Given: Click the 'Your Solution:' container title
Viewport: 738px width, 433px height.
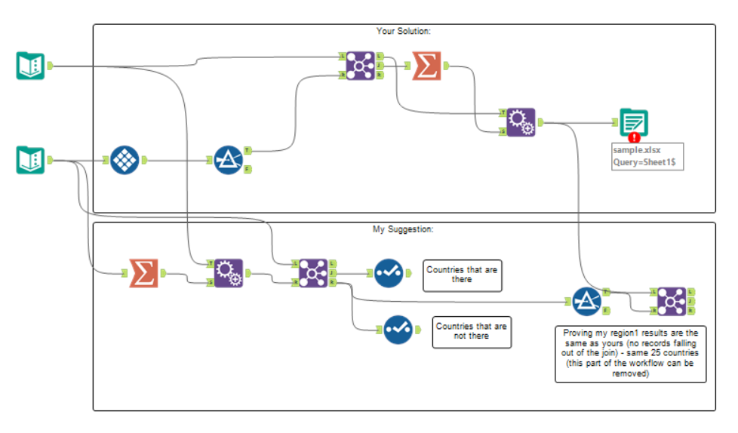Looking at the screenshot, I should tap(403, 31).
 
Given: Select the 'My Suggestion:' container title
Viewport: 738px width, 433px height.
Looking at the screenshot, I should tap(403, 229).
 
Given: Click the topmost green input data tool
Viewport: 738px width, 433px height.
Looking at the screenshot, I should tap(30, 66).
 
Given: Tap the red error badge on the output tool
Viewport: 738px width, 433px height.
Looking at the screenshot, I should tap(634, 137).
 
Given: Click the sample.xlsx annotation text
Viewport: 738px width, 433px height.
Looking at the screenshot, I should tap(647, 156).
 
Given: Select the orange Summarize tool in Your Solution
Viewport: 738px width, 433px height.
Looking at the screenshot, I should tap(427, 66).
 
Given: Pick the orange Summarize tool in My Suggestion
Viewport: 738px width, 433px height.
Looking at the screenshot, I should tap(143, 272).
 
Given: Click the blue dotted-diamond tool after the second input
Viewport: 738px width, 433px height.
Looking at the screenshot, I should tap(125, 160).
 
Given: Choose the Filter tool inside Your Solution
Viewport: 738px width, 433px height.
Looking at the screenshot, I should tap(227, 160).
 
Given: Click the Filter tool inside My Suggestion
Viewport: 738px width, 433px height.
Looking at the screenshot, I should tap(586, 301).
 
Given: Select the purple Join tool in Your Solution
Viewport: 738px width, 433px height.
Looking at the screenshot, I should tap(359, 66).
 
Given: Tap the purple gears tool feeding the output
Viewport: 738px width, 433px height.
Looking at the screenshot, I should tap(519, 121).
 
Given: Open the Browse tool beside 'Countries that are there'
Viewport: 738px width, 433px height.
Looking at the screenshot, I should tap(388, 273).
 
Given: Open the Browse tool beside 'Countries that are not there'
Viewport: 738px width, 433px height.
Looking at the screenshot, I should tap(397, 329).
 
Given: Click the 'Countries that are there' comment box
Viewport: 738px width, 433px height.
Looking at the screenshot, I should tap(462, 275).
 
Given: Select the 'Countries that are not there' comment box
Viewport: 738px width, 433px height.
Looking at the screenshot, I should tap(472, 331).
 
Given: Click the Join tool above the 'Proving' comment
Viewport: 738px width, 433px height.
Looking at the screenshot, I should tap(671, 300).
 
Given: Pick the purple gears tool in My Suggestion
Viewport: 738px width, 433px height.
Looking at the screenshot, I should tap(228, 273).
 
